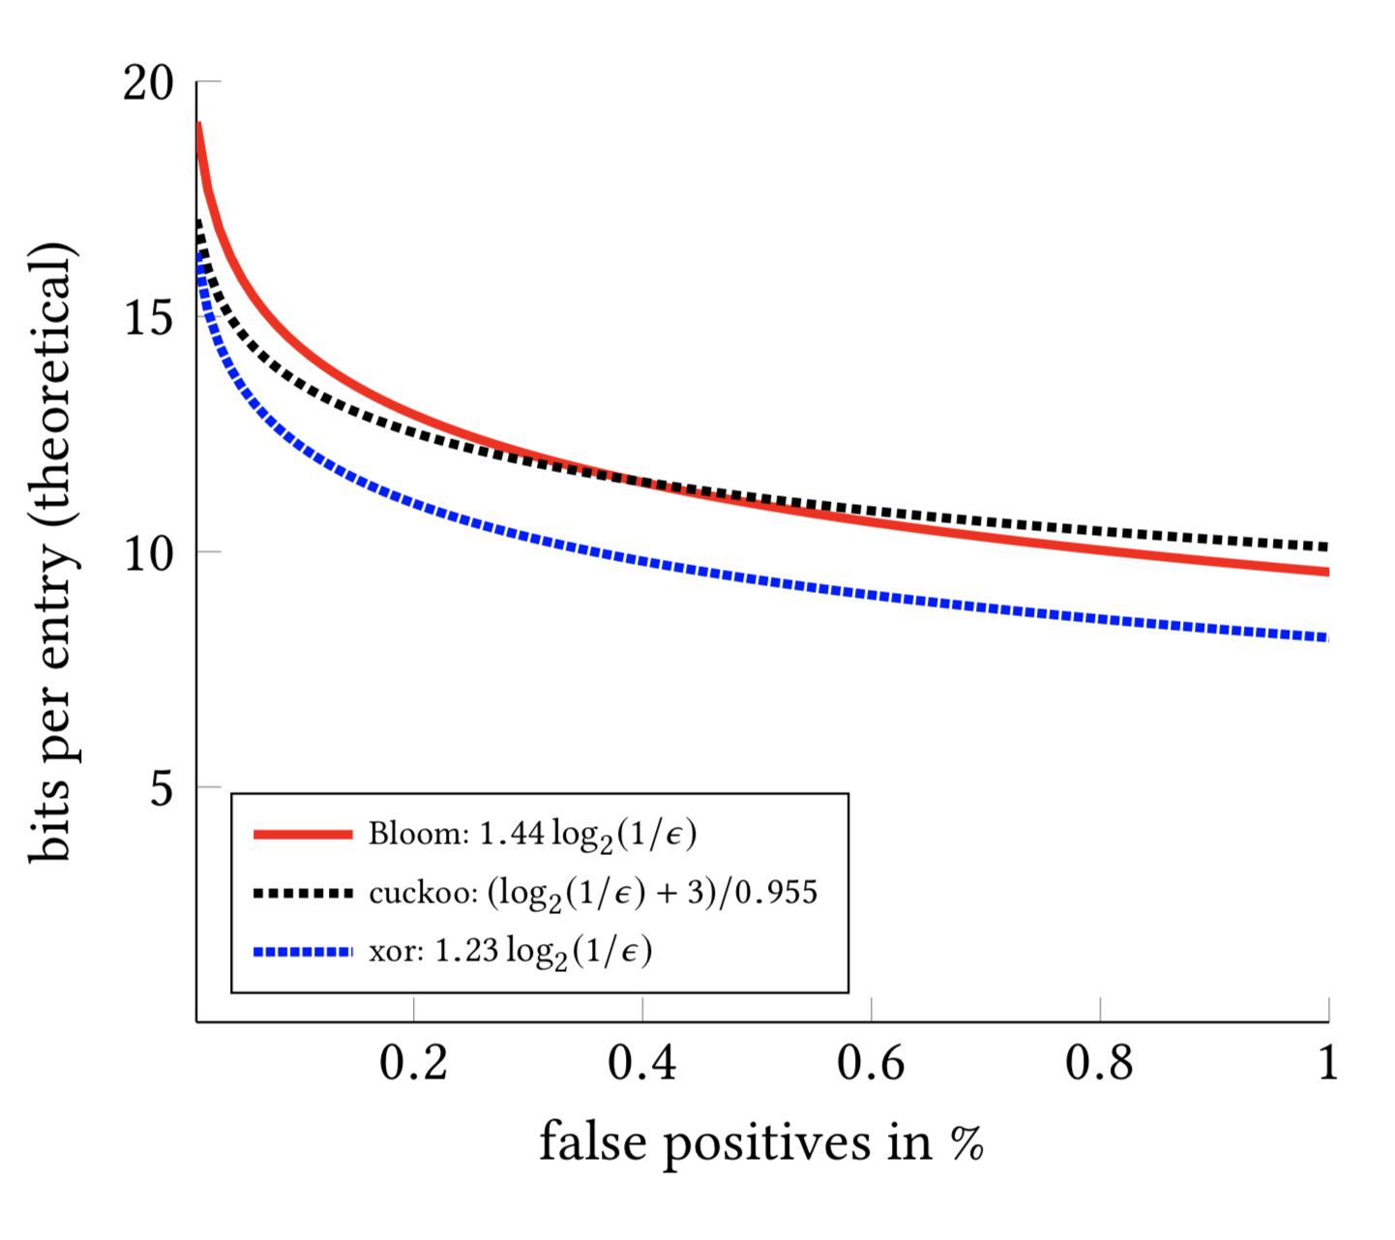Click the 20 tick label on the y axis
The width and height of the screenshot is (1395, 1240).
point(148,84)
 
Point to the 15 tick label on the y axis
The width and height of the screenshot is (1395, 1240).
point(148,318)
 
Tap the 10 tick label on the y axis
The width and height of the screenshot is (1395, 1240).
point(148,553)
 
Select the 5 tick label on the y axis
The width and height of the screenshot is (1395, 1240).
point(162,788)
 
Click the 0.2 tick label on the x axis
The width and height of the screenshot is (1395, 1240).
point(413,1063)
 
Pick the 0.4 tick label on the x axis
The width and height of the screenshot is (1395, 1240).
point(641,1063)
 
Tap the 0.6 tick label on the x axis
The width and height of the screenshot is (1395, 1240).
point(871,1063)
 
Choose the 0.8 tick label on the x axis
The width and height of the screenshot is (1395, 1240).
point(1099,1063)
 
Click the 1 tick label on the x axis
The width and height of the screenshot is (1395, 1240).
point(1328,1063)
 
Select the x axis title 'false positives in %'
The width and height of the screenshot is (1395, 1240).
point(761,1142)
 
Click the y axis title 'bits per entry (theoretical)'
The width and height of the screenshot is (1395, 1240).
point(50,551)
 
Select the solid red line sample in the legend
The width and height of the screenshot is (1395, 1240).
point(303,834)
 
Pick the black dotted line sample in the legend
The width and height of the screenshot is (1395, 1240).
point(303,893)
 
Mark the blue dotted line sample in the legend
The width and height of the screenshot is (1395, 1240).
point(303,952)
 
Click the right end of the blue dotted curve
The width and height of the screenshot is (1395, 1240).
point(1326,637)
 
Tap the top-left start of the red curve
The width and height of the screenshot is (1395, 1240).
point(199,127)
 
